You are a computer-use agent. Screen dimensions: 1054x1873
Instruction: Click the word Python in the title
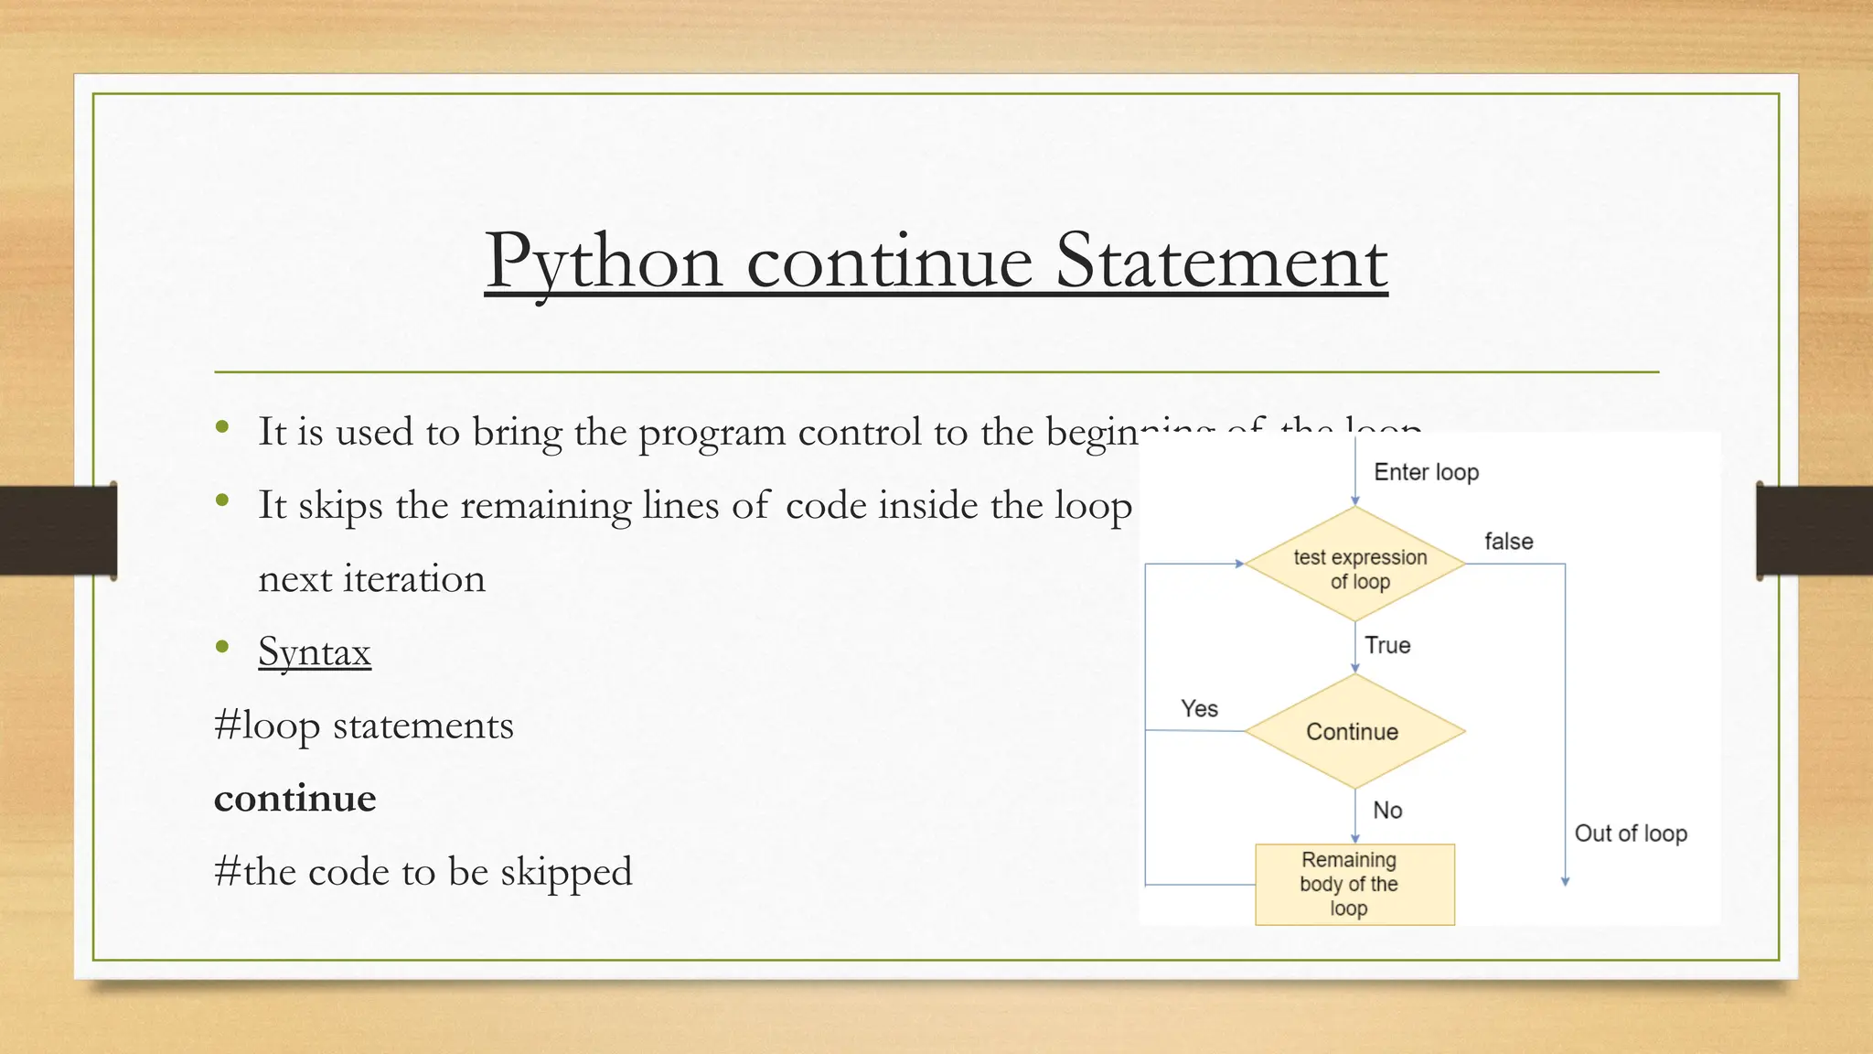(x=604, y=263)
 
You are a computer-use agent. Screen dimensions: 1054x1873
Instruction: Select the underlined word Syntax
(x=315, y=652)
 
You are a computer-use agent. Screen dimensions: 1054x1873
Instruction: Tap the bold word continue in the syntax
(x=294, y=799)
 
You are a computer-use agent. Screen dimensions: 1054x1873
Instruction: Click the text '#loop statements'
(x=363, y=726)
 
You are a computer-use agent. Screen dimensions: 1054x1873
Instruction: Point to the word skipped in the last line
(x=566, y=872)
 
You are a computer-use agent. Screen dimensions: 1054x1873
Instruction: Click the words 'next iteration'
(x=371, y=579)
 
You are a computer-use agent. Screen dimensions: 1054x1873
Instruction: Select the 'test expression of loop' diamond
(x=1355, y=565)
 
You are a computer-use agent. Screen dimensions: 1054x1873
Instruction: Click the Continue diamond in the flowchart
(x=1354, y=732)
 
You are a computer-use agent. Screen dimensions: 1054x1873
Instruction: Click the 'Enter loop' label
(x=1426, y=472)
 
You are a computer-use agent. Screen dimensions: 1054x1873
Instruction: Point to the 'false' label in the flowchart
(x=1508, y=542)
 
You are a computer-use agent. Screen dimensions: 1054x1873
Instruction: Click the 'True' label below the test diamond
(x=1387, y=645)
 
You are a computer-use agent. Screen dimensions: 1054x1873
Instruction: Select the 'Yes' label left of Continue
(x=1199, y=709)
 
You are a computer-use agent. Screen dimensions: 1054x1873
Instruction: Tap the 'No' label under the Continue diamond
(x=1387, y=810)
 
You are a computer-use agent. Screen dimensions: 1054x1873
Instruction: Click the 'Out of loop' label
(x=1630, y=834)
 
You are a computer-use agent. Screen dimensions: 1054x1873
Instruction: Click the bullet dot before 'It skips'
(x=222, y=500)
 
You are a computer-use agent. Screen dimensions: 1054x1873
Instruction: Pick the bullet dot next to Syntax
(x=222, y=647)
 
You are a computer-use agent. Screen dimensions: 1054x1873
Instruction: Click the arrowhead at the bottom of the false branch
(x=1565, y=881)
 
